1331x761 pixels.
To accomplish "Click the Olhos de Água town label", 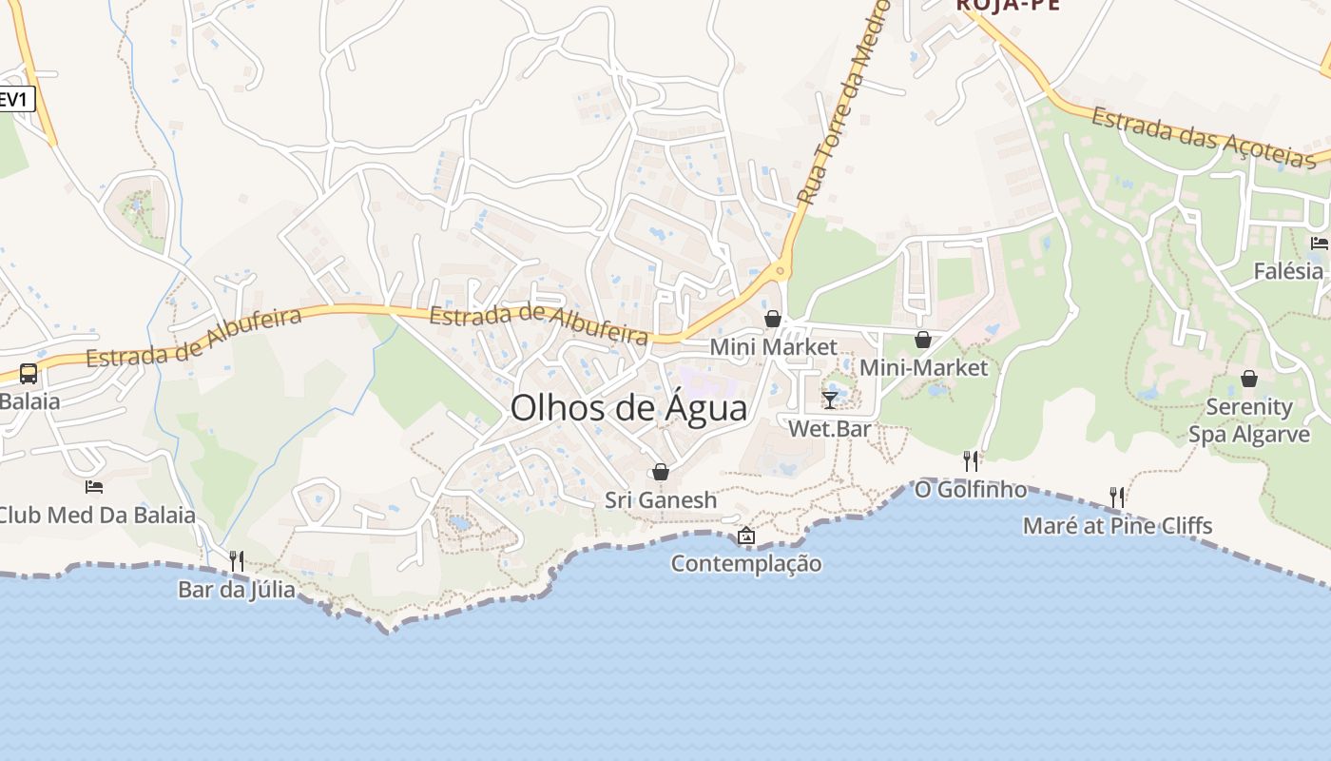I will [628, 408].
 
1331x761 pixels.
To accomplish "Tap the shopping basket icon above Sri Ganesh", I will [661, 472].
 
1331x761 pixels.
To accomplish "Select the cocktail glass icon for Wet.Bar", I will [830, 400].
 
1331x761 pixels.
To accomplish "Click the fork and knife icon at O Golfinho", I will [971, 461].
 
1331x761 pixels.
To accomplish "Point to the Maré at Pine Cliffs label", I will [1117, 525].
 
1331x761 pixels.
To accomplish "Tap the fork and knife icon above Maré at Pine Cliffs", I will [1117, 497].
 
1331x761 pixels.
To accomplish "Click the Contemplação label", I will [746, 563].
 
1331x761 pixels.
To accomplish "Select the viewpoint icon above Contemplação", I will [746, 536].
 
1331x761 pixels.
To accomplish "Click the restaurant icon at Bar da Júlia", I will [237, 561].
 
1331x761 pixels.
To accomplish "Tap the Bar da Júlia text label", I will [237, 590].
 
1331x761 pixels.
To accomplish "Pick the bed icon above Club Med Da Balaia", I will [94, 487].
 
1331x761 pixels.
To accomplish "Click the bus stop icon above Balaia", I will [29, 373].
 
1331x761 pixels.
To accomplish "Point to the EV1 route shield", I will [15, 99].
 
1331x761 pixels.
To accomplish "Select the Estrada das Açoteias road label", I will [1203, 139].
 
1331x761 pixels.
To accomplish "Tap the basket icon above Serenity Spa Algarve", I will [1249, 379].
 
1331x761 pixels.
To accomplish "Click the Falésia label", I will [1288, 271].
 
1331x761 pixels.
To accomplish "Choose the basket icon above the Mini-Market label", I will [922, 340].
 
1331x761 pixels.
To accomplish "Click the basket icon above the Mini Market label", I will [773, 319].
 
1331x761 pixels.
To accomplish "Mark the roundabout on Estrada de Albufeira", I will [781, 271].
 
